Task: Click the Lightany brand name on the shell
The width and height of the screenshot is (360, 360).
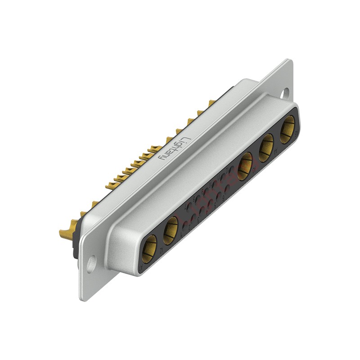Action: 174,148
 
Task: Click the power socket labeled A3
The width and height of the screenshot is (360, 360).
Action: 245,166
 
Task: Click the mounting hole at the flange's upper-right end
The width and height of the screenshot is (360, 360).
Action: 284,94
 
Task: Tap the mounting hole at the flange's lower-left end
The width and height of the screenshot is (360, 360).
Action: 91,264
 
